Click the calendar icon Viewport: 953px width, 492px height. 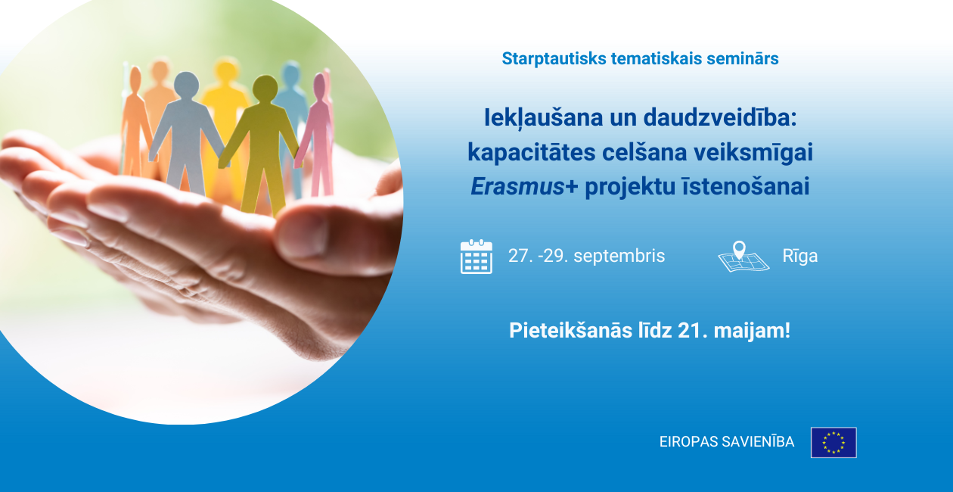tap(476, 256)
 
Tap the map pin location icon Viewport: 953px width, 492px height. tap(743, 256)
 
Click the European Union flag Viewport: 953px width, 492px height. tap(833, 442)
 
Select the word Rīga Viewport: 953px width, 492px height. tap(800, 256)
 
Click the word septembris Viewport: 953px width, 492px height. tap(619, 256)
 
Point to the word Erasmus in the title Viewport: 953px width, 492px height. tap(517, 186)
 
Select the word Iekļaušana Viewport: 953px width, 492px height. tap(543, 117)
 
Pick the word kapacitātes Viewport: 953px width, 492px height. tap(532, 152)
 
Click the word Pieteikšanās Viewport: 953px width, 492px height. tap(570, 330)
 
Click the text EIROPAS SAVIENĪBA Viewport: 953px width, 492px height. tap(727, 442)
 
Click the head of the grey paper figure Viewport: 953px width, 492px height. tap(186, 85)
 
